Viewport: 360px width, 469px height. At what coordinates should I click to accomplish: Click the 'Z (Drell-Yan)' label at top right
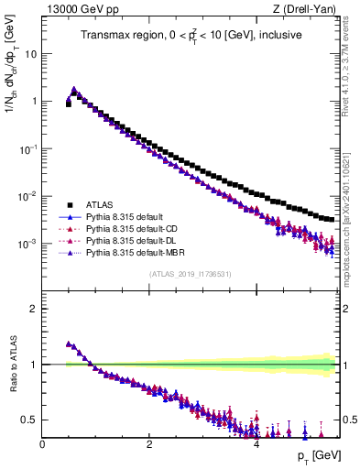click(309, 10)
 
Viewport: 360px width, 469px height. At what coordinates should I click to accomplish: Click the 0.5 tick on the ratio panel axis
click(30, 420)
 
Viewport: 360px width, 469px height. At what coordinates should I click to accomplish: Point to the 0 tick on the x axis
click(42, 444)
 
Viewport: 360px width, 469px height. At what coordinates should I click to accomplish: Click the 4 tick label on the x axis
click(256, 444)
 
